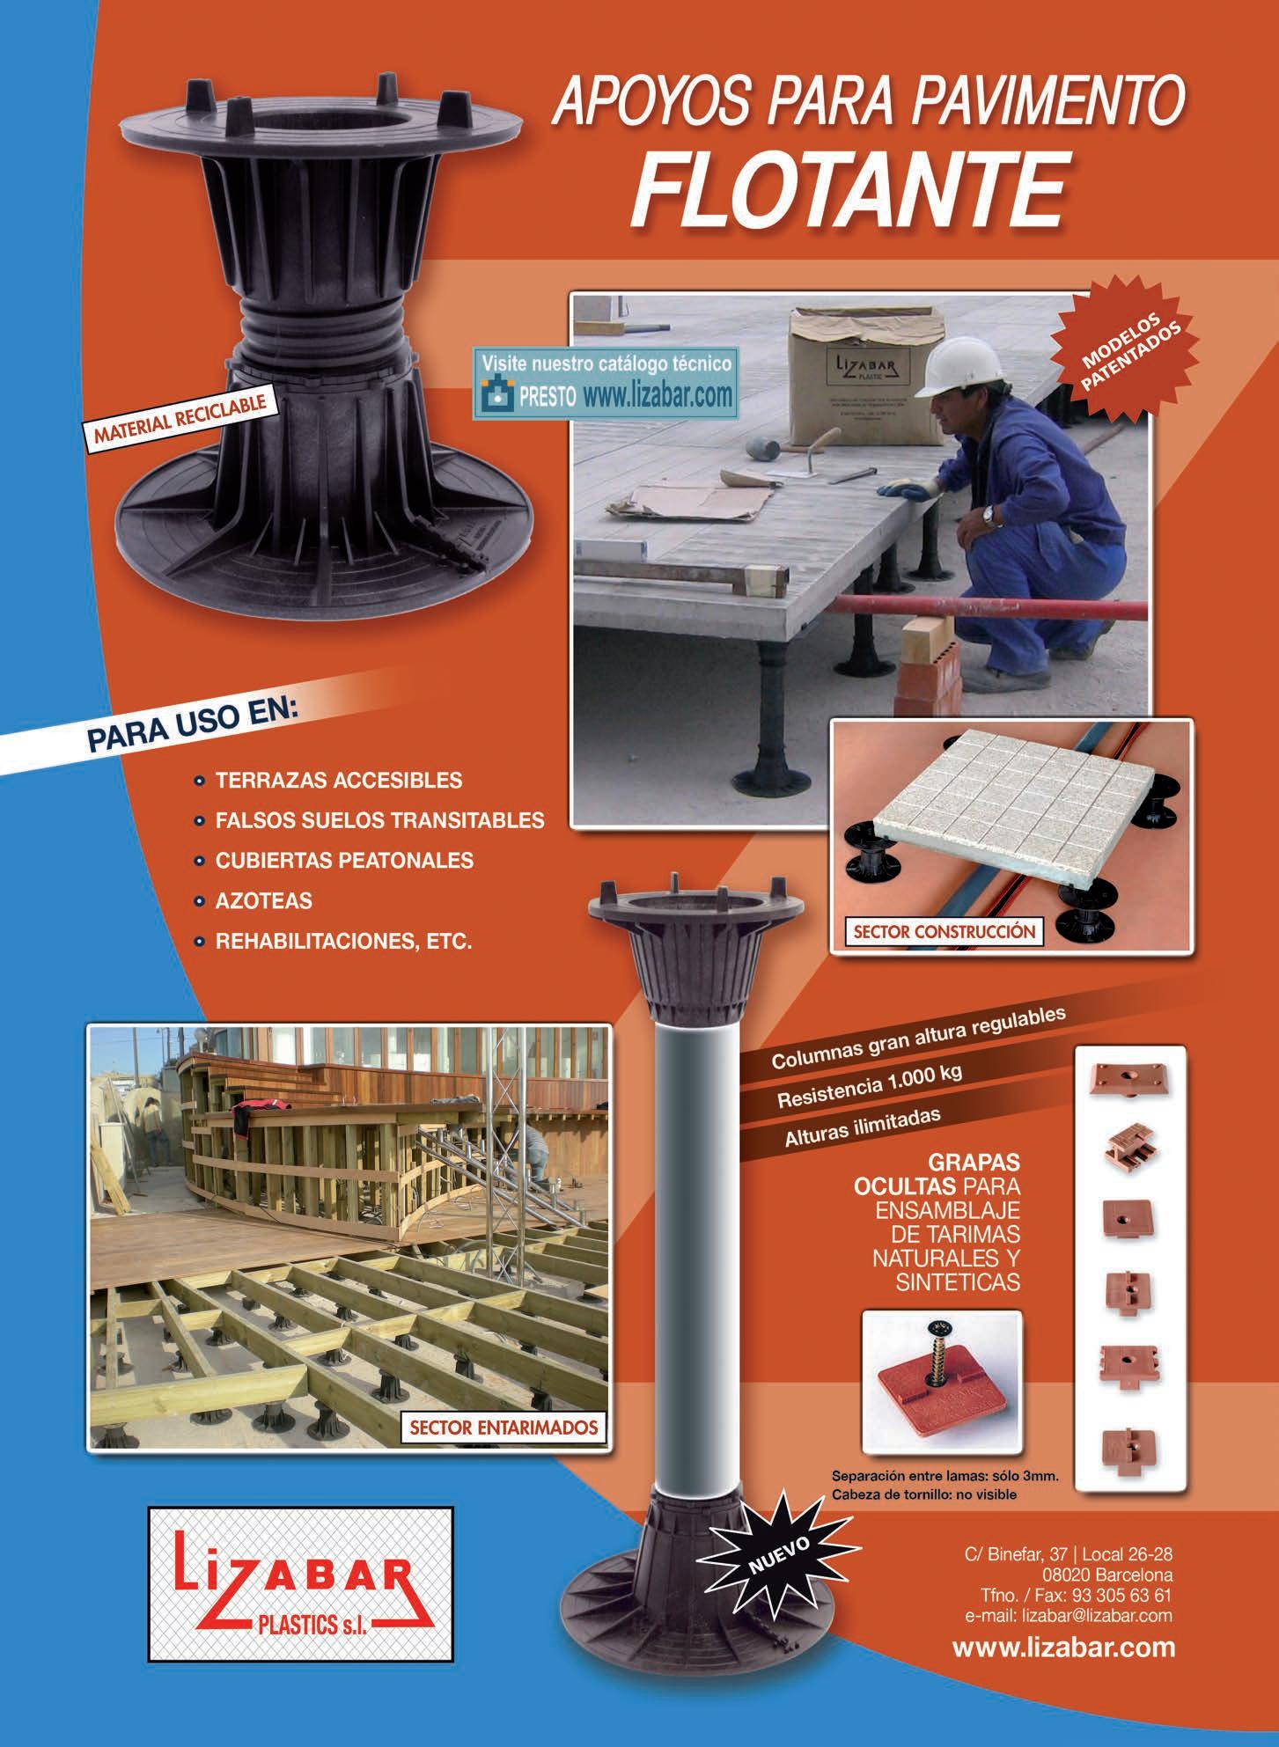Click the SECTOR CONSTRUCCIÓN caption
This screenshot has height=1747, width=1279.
(x=940, y=931)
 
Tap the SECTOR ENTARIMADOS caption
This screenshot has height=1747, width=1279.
(x=499, y=1427)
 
